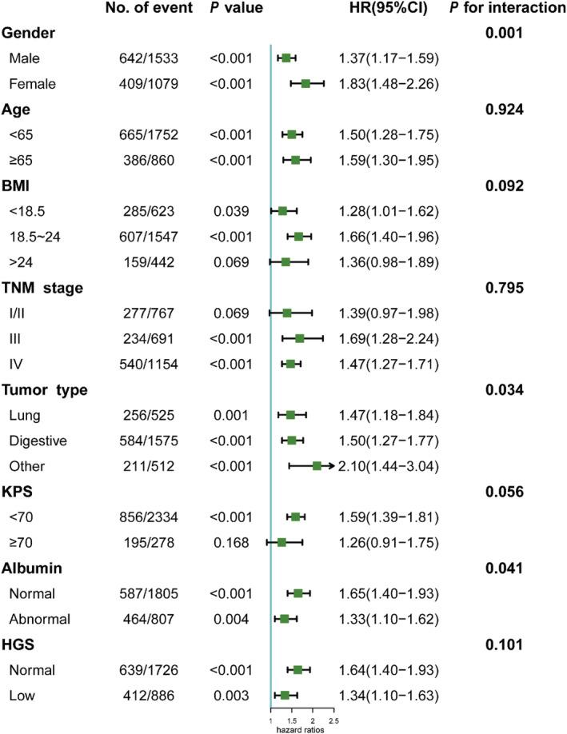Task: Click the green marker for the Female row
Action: [305, 82]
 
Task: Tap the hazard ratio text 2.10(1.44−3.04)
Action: [388, 465]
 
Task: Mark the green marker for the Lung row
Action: [290, 414]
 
